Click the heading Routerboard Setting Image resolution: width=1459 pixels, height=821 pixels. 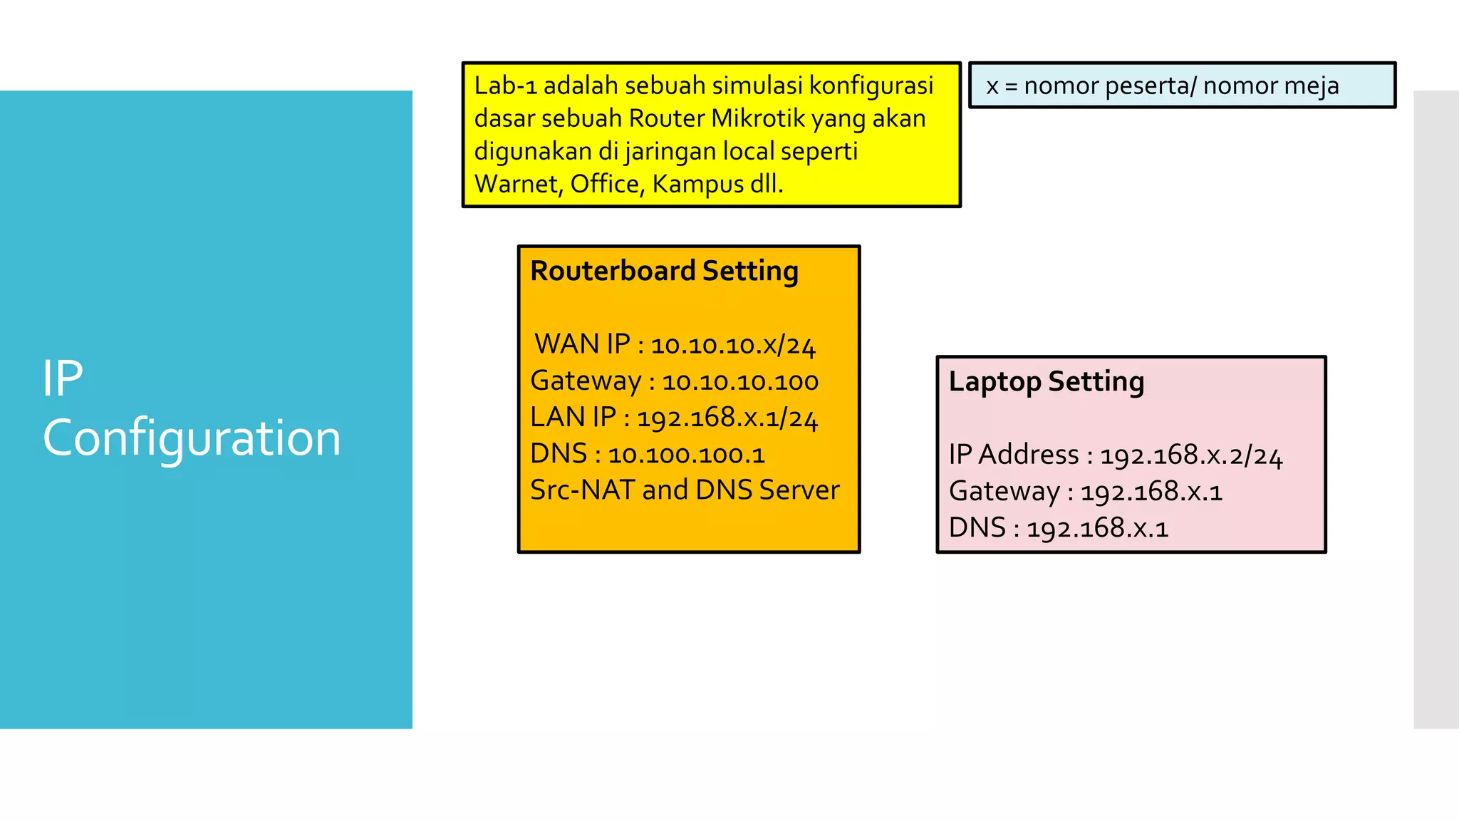[664, 272]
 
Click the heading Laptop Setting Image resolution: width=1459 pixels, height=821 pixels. [1046, 382]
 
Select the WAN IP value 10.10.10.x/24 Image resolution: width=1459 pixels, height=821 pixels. [733, 345]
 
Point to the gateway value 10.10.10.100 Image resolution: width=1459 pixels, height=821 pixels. [740, 382]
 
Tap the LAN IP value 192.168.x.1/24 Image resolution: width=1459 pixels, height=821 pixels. [727, 418]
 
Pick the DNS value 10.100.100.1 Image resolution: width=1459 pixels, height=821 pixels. [686, 455]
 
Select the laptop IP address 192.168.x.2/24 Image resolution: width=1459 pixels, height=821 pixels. [1191, 455]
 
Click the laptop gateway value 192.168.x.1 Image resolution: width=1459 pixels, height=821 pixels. [1151, 492]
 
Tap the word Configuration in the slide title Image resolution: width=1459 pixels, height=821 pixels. [192, 438]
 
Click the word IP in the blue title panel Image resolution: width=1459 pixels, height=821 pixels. [63, 378]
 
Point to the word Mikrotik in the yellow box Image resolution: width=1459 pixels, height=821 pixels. [757, 118]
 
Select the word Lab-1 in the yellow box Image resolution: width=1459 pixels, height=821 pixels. [505, 86]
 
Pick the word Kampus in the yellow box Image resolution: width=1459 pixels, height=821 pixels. [698, 184]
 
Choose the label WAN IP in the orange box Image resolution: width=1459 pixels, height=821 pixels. [582, 344]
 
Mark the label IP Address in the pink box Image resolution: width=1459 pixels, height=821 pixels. [1014, 455]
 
